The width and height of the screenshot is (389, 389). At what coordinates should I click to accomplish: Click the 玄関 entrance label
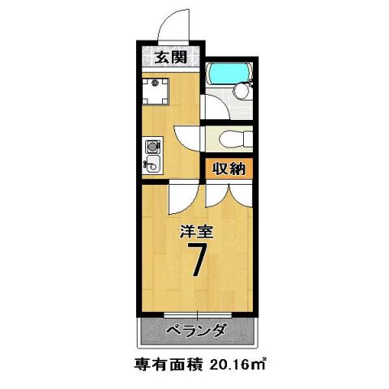(x=167, y=58)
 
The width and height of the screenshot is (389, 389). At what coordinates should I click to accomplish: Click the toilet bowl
(x=229, y=139)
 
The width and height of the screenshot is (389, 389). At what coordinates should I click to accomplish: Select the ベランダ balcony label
(x=197, y=331)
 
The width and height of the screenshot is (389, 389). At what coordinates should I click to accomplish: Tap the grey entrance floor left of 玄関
(x=146, y=58)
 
